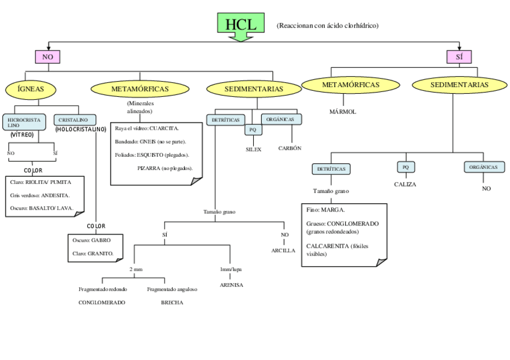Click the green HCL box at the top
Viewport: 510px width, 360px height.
tap(241, 25)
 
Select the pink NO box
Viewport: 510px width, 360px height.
tap(48, 57)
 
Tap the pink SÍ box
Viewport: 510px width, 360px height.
tap(459, 57)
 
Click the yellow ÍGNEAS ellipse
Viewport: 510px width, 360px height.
tap(31, 90)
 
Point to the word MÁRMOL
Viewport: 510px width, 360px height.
tap(343, 112)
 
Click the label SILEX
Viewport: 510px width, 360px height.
tap(253, 149)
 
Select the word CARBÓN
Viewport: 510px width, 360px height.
tap(290, 148)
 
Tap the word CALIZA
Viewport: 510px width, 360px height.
tap(405, 185)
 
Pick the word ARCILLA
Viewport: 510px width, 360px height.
tap(283, 250)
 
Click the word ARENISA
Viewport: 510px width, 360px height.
tap(231, 285)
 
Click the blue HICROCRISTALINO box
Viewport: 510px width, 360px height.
tap(25, 123)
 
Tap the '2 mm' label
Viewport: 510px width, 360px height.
tap(136, 270)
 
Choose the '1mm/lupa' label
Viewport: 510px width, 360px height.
tap(231, 270)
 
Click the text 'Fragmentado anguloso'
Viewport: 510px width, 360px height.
tap(172, 289)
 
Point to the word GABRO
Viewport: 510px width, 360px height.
tap(100, 240)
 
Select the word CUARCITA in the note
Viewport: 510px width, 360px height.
tap(164, 128)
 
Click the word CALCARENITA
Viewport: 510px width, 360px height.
tap(327, 246)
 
